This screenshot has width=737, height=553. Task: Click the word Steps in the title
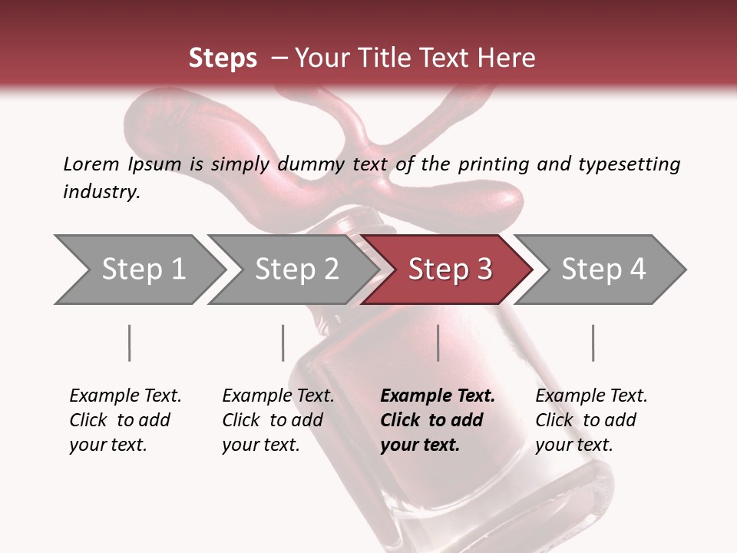[x=223, y=58]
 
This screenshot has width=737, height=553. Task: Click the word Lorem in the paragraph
[x=91, y=164]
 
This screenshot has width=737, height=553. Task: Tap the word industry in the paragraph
[x=101, y=191]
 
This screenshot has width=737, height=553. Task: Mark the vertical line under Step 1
[x=129, y=343]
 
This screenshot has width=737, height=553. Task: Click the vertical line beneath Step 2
[x=283, y=343]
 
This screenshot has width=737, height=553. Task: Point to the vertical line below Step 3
[x=438, y=343]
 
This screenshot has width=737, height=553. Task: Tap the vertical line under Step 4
[x=593, y=343]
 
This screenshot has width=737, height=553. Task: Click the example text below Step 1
[x=124, y=420]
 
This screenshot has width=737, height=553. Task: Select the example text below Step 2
[x=277, y=420]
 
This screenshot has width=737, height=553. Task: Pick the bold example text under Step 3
[x=437, y=420]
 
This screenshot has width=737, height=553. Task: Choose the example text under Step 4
[x=590, y=420]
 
